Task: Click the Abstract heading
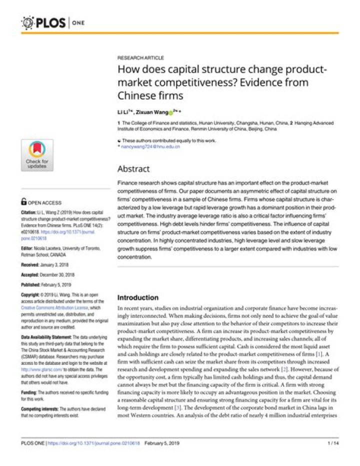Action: coord(133,169)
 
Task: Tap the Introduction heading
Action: coord(138,297)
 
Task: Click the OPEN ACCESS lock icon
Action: coord(23,202)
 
